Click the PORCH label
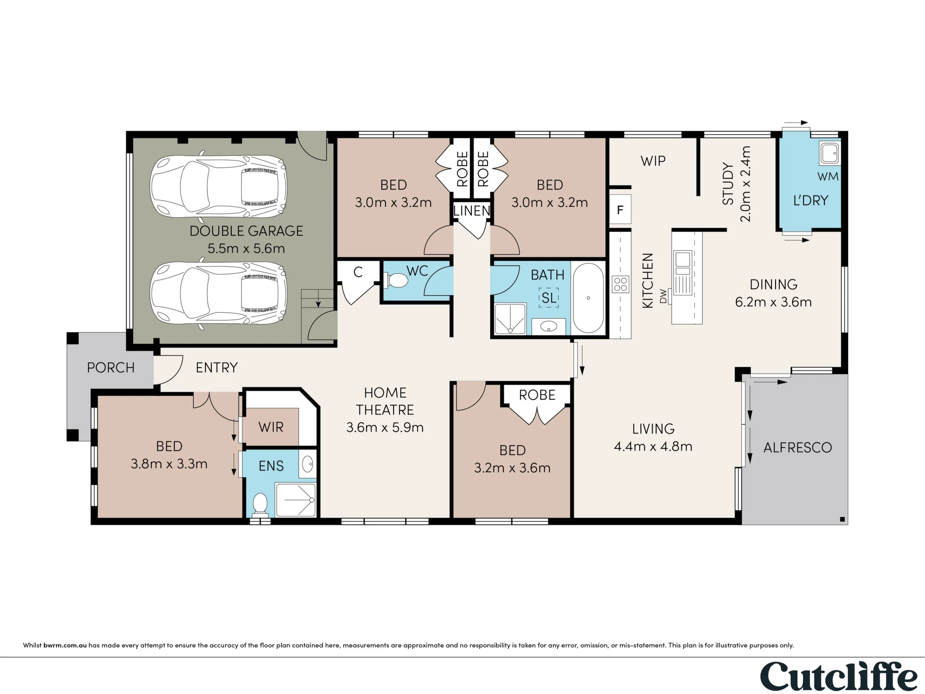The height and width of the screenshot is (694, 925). point(111,367)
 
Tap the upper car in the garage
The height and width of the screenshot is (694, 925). point(219,186)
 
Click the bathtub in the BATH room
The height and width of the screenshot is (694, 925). point(588,298)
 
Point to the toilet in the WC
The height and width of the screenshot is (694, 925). point(395,280)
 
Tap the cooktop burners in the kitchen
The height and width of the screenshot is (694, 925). point(620,285)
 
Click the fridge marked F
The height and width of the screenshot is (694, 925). point(620,210)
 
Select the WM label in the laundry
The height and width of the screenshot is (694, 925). point(828,176)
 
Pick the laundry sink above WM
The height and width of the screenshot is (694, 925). point(830,153)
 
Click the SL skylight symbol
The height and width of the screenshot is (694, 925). point(549,297)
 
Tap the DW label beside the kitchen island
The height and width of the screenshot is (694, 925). point(664,296)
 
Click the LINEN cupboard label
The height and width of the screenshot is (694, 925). point(472,211)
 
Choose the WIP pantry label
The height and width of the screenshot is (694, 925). point(653,161)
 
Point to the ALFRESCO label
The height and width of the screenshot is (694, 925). point(797,447)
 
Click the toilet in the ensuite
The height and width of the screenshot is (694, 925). point(260,505)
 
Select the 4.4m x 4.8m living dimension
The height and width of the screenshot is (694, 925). point(653,446)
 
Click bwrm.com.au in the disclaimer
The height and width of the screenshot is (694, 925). point(65,645)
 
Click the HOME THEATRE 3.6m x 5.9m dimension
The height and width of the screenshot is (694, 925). point(385,427)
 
